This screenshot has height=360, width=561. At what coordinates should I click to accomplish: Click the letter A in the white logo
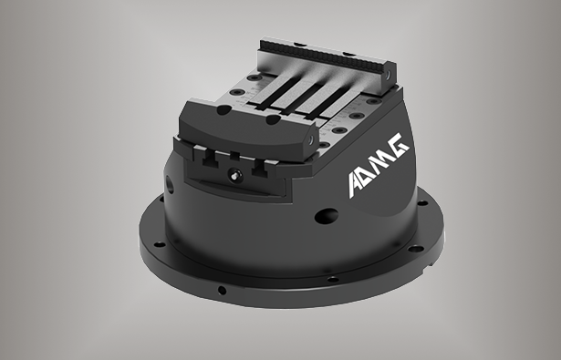point(359,182)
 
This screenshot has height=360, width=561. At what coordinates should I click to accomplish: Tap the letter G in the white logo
point(400,144)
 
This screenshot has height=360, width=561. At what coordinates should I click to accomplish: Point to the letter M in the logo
point(380,162)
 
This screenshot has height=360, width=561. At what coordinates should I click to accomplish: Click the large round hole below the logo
point(327,216)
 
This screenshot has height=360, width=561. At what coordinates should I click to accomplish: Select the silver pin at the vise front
point(235,176)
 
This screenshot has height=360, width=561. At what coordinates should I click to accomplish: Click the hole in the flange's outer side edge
point(222,290)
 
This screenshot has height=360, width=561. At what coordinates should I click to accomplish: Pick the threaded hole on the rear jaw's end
point(389,75)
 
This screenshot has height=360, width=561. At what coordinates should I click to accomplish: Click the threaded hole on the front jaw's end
point(311,139)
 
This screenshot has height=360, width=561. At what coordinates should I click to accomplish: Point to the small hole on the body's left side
point(171,185)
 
